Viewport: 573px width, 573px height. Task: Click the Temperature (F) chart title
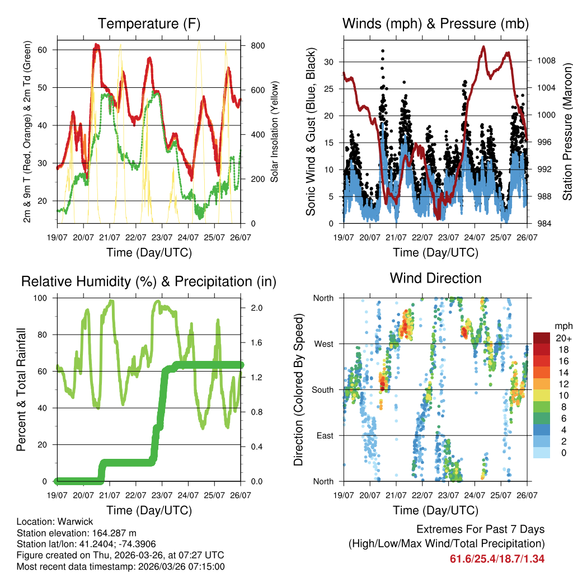(x=149, y=24)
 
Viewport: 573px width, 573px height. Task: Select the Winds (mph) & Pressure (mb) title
(x=435, y=24)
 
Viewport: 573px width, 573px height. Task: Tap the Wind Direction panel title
(x=435, y=278)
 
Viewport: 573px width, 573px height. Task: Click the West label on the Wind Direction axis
(x=323, y=344)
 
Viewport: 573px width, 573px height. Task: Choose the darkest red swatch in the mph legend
(x=541, y=337)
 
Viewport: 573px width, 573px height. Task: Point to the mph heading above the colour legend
(x=563, y=326)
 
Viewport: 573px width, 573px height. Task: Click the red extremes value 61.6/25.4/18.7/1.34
(x=497, y=558)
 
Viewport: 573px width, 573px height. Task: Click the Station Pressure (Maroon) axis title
(x=567, y=124)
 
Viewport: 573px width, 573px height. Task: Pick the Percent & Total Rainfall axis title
(x=21, y=389)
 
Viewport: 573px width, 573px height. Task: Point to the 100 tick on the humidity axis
(x=44, y=298)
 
